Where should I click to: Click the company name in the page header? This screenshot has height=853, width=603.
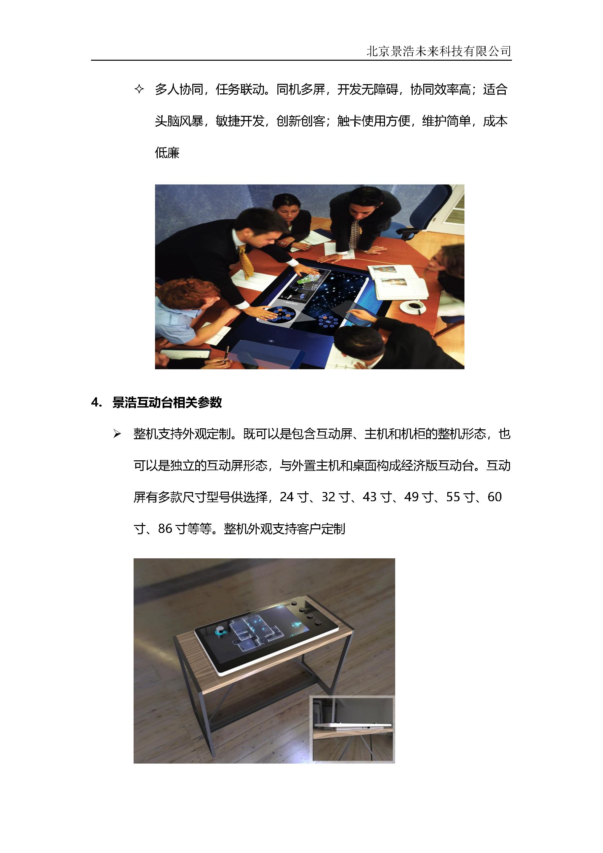[x=439, y=51]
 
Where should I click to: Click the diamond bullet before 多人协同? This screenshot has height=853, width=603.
[x=139, y=89]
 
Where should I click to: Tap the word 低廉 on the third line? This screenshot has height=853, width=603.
[x=167, y=153]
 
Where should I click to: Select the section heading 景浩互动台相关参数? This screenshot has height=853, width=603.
[x=167, y=402]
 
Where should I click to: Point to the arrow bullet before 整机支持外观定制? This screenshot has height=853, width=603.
[x=117, y=434]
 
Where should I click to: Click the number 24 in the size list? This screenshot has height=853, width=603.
[x=287, y=497]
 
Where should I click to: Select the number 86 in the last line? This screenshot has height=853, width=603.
[x=165, y=529]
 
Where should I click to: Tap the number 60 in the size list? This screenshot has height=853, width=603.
[x=494, y=497]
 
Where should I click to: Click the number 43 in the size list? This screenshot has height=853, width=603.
[x=370, y=497]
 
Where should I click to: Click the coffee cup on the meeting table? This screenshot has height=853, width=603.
[x=414, y=307]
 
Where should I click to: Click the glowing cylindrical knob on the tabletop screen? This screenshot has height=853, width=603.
[x=221, y=631]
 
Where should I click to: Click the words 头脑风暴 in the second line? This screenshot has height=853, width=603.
[x=179, y=121]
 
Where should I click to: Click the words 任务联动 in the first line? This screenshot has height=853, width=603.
[x=240, y=89]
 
